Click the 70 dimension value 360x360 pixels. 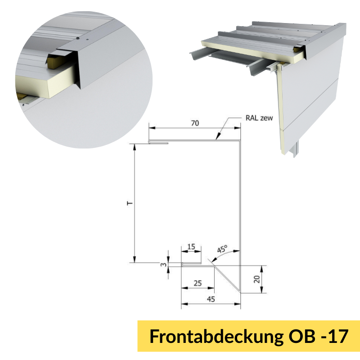[195, 123]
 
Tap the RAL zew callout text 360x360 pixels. [259, 118]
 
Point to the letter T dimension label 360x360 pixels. [130, 203]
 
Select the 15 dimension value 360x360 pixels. [191, 247]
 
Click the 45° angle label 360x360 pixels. [222, 249]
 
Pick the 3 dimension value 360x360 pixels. [163, 265]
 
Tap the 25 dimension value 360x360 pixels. [198, 283]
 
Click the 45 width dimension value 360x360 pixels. [211, 299]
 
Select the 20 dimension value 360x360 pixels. [257, 279]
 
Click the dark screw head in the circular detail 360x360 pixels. [78, 38]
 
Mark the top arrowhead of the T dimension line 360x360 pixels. [135, 147]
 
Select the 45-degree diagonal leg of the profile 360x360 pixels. [226, 278]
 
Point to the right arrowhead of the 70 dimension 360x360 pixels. [237, 128]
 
